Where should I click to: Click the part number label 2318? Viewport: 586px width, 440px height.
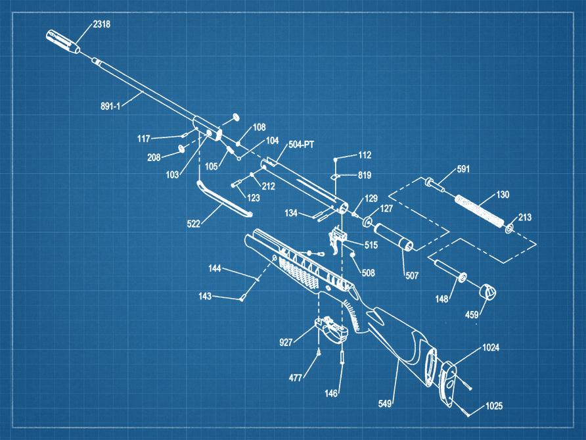point(102,24)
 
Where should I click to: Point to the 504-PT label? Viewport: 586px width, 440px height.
point(300,143)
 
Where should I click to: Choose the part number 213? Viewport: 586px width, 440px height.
point(525,217)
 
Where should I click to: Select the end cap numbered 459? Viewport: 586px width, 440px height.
point(486,291)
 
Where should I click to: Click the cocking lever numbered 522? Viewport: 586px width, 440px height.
point(223,200)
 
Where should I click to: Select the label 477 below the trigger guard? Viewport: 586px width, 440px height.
point(296,378)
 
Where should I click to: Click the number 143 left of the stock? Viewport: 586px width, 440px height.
point(205,297)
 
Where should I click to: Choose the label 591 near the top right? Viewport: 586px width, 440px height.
point(463,170)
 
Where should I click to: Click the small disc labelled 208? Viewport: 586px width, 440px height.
point(179,148)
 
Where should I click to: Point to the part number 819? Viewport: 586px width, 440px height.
point(365,176)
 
